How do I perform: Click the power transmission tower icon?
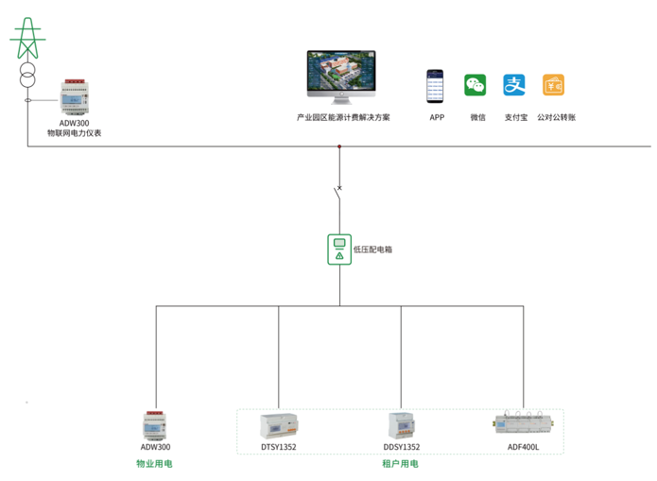[x=27, y=38]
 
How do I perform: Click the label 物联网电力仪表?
[x=75, y=133]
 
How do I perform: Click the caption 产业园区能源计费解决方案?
[x=342, y=117]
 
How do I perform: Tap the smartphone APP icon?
[x=436, y=86]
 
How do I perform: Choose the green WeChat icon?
[x=475, y=85]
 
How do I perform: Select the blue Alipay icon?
[x=514, y=85]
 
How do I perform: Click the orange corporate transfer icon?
[x=554, y=85]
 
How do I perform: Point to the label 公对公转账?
[x=556, y=117]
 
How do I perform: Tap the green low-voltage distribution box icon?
[x=338, y=249]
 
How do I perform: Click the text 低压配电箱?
[x=372, y=249]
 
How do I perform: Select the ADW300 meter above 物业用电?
[x=155, y=425]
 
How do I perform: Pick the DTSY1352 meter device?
[x=279, y=426]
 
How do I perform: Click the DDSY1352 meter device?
[x=401, y=425]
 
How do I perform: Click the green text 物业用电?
[x=155, y=464]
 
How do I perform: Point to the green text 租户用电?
[x=400, y=464]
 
